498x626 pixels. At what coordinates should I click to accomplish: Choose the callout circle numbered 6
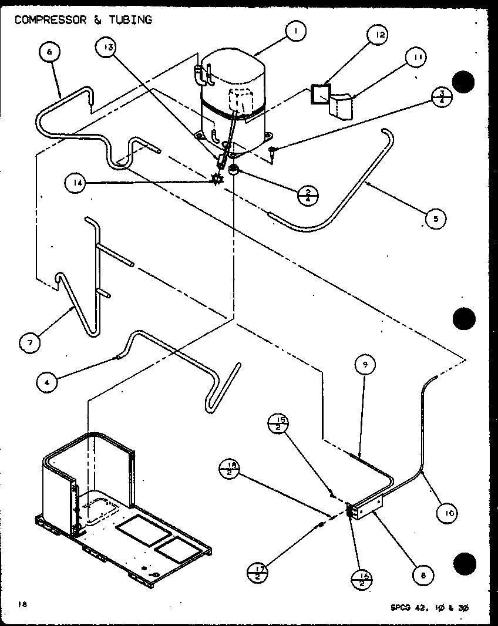point(49,52)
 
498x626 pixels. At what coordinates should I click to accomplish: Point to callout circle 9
point(365,365)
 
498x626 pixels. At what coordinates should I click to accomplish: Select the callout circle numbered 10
point(449,513)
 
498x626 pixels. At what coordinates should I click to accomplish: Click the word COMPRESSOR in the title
point(50,20)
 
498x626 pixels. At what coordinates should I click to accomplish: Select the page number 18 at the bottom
point(22,603)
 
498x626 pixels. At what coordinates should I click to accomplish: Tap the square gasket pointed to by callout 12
point(320,95)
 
